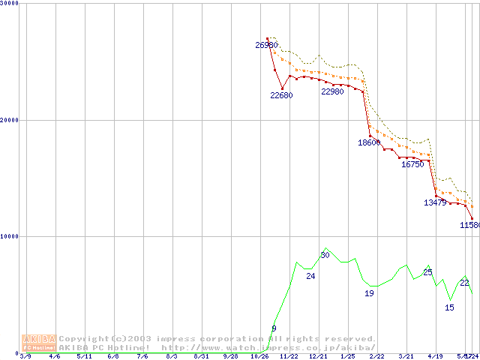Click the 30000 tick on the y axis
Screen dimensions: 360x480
[10, 3]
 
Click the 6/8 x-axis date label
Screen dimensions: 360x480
[113, 356]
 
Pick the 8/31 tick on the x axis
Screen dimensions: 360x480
[201, 356]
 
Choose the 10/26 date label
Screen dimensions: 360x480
[259, 356]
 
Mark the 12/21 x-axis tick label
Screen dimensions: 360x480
[318, 356]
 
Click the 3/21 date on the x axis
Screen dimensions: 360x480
[406, 356]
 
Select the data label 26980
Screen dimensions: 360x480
[266, 45]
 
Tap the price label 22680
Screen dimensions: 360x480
[281, 95]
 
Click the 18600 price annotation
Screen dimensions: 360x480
[369, 142]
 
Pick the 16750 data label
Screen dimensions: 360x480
[412, 164]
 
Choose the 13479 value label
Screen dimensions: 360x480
[435, 202]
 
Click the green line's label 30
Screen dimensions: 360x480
[325, 255]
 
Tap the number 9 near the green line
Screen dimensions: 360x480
[274, 328]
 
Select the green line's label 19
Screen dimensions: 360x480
[369, 293]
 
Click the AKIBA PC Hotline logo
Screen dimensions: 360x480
[39, 343]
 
